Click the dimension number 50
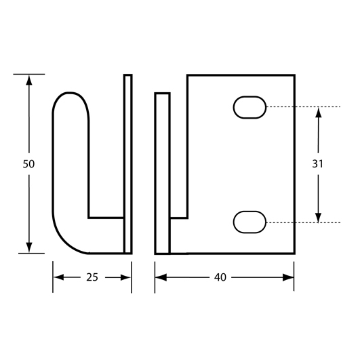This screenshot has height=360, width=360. (28, 164)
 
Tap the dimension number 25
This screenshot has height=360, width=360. (92, 277)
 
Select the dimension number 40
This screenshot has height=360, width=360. (220, 277)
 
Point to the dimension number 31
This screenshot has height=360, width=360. (318, 163)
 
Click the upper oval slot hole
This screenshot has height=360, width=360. (249, 107)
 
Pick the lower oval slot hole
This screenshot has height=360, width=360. (249, 222)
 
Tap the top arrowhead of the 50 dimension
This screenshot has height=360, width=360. (29, 80)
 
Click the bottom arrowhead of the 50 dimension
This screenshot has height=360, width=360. (29, 247)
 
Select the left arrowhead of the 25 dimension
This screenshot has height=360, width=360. (59, 277)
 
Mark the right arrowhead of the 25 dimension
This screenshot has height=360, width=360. (125, 277)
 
